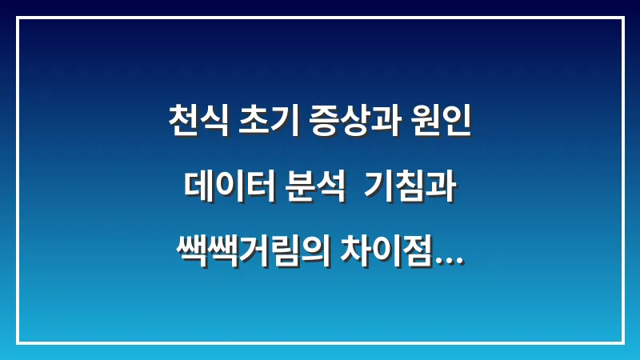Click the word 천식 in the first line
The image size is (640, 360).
click(x=196, y=124)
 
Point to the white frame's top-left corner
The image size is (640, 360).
click(x=18, y=18)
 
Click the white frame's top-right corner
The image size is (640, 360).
click(x=622, y=18)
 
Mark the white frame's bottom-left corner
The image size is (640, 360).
click(x=18, y=342)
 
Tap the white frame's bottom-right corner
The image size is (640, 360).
click(x=622, y=342)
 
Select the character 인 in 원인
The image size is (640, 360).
click(x=456, y=124)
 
